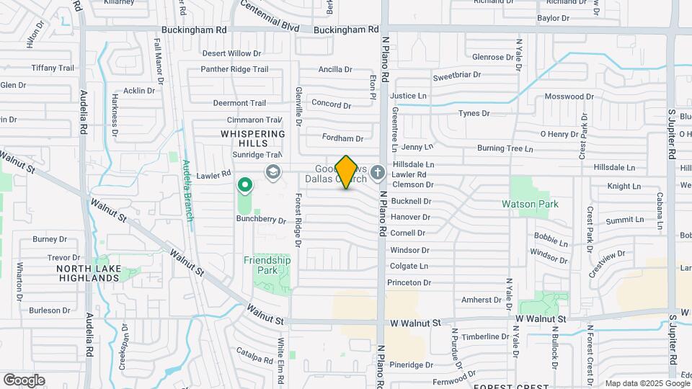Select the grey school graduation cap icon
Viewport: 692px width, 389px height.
coord(272,171)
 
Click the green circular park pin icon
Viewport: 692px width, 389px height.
coord(245,186)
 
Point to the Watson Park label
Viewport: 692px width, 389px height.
coord(530,204)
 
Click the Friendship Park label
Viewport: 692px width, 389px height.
coord(267,265)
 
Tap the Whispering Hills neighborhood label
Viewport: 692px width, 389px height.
coord(253,139)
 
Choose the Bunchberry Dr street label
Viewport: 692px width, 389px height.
coord(262,220)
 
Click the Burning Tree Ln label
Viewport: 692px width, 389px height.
coord(505,149)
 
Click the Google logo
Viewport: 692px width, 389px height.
coord(24,380)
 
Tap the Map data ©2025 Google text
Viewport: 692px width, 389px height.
coord(647,383)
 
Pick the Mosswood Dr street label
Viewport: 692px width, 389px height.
coord(569,97)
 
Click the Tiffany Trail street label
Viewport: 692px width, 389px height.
coord(53,68)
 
